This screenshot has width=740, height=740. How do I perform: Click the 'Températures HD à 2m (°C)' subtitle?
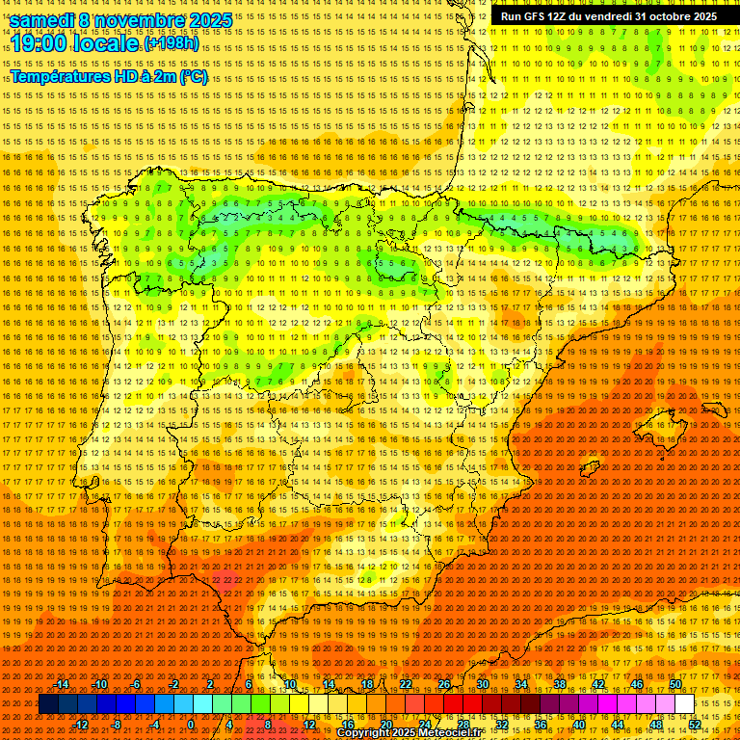108,76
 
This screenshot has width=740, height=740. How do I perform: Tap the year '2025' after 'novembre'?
211,20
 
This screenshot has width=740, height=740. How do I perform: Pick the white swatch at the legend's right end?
685,704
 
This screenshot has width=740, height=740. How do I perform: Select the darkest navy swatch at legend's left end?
48,704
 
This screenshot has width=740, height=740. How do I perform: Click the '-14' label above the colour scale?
62,684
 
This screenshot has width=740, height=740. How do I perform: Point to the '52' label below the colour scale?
695,725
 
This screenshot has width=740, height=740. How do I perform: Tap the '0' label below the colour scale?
191,725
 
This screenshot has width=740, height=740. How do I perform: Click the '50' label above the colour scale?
675,684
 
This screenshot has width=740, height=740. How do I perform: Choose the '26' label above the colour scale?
444,684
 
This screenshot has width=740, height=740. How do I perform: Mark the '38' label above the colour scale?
560,684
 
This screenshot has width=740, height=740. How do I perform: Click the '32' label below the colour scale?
502,725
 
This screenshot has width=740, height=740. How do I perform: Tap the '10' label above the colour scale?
290,684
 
